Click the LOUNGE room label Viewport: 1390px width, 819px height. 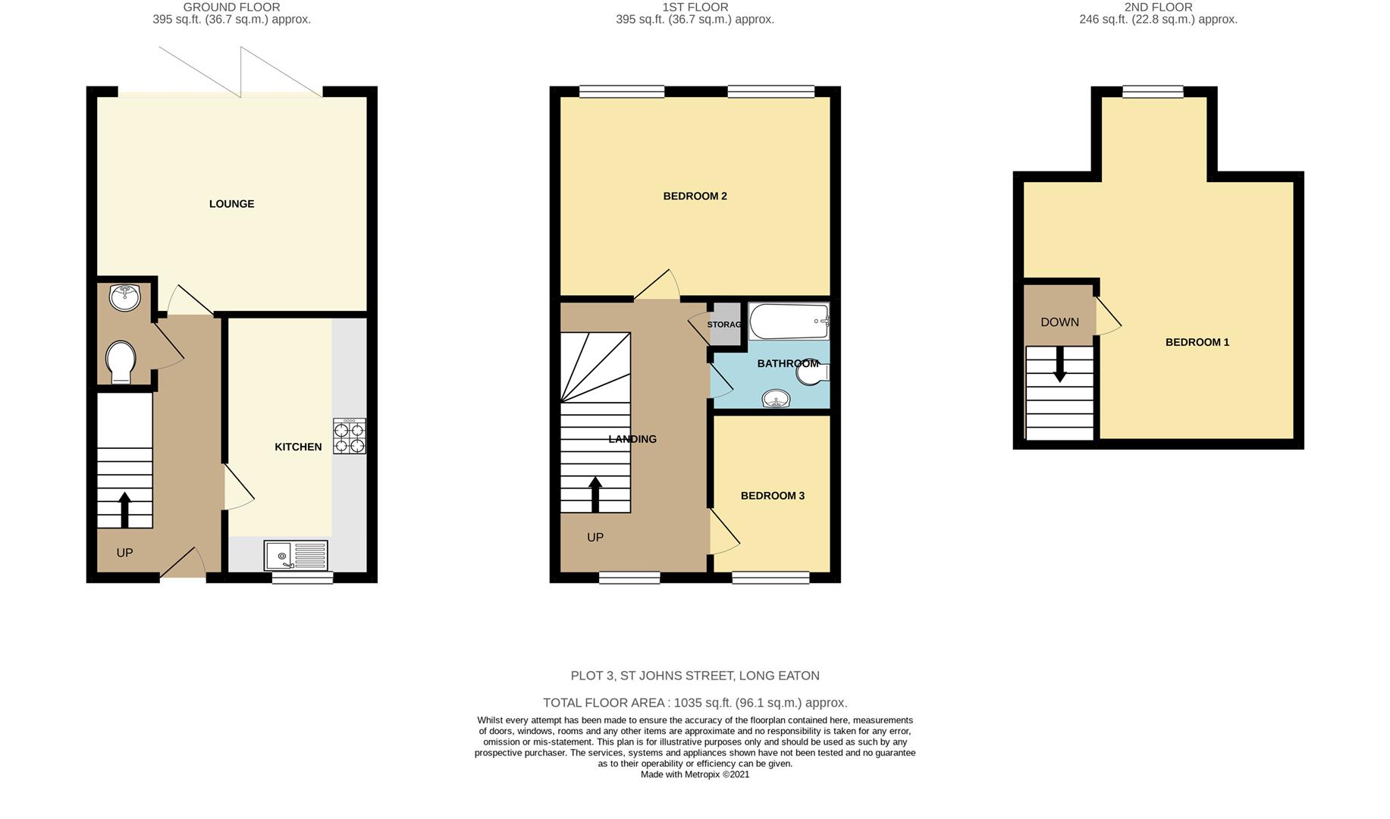pos(231,204)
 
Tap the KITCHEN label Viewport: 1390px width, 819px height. pos(298,447)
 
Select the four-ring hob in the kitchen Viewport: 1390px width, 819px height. pos(349,437)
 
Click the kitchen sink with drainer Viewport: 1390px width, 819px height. pos(296,555)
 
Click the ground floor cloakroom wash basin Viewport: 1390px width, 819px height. pos(124,297)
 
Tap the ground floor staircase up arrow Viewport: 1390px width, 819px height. pos(124,509)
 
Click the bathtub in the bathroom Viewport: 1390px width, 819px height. pos(789,322)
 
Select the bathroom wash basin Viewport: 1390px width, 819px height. pos(776,398)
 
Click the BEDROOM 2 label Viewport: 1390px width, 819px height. pos(695,196)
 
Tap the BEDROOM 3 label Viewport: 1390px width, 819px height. pos(772,496)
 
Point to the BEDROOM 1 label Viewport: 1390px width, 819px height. pos(1197,343)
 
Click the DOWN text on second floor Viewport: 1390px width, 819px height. pos(1059,322)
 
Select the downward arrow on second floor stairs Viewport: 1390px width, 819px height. pos(1059,365)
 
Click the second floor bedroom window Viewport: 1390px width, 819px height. pos(1152,92)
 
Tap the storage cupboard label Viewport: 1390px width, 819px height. pos(723,325)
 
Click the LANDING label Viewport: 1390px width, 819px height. pos(632,439)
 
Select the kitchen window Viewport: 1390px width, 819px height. pos(302,578)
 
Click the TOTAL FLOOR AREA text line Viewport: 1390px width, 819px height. pos(695,703)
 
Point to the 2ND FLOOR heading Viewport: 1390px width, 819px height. pos(1157,8)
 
